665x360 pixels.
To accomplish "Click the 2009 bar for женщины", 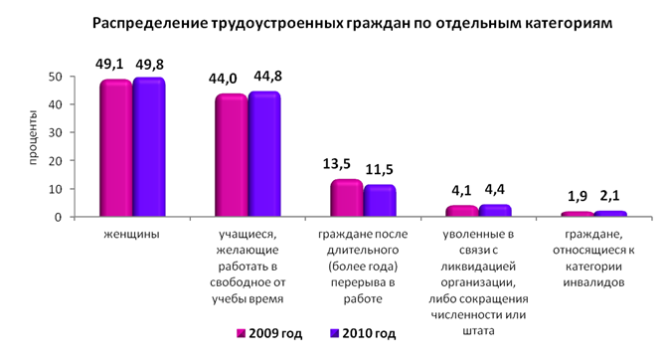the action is pyautogui.click(x=115, y=148).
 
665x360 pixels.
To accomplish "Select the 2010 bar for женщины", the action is pyautogui.click(x=149, y=147).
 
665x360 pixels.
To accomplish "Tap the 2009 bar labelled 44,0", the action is pyautogui.click(x=232, y=155).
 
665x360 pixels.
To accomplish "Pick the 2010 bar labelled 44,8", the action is pyautogui.click(x=264, y=154).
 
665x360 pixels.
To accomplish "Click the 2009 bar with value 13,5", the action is pyautogui.click(x=347, y=198).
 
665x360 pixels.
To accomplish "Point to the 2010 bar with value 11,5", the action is pyautogui.click(x=380, y=201).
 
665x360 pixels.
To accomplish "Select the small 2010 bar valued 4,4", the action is pyautogui.click(x=495, y=211).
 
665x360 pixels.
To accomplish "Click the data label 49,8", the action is pyautogui.click(x=149, y=65).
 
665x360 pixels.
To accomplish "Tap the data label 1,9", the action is pyautogui.click(x=578, y=196).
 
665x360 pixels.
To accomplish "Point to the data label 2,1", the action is pyautogui.click(x=610, y=195).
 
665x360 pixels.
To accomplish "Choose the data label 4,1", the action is pyautogui.click(x=461, y=191).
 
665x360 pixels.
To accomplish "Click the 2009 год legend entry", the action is pyautogui.click(x=269, y=334).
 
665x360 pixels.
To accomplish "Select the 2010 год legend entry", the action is pyautogui.click(x=363, y=334).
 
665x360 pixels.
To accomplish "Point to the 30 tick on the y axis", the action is pyautogui.click(x=57, y=132).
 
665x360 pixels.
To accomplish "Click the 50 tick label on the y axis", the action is pyautogui.click(x=57, y=77).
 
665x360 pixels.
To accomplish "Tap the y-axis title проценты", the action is pyautogui.click(x=33, y=137).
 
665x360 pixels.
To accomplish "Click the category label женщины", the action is pyautogui.click(x=132, y=235).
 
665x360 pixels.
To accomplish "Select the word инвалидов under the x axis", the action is pyautogui.click(x=593, y=282).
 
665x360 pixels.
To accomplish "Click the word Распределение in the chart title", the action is pyautogui.click(x=150, y=23).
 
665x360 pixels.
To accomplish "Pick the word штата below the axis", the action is pyautogui.click(x=478, y=331).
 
